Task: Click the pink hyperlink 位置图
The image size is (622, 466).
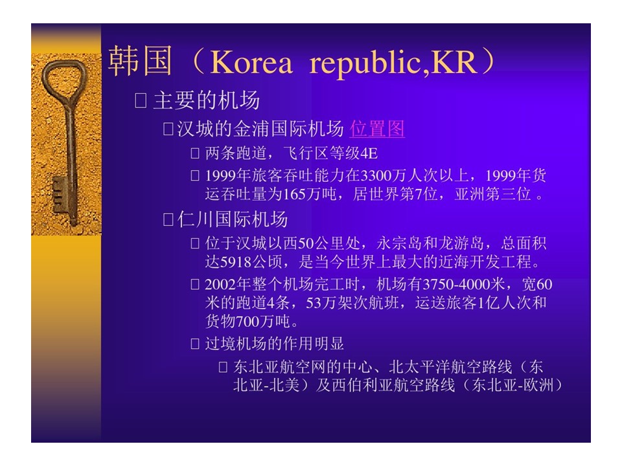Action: coord(377,129)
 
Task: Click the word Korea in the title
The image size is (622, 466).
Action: coord(251,63)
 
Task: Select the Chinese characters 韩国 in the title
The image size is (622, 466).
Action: coord(140,61)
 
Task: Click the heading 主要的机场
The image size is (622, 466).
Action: coord(207,100)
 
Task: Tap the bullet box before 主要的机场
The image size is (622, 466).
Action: coord(141,101)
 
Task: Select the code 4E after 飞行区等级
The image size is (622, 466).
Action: coord(369,153)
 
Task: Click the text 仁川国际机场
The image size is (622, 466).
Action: coord(233,219)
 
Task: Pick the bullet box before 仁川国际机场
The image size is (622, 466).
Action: coord(168,219)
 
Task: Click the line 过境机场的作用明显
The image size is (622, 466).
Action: coord(275,344)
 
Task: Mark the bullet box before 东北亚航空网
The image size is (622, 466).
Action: coord(223,367)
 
